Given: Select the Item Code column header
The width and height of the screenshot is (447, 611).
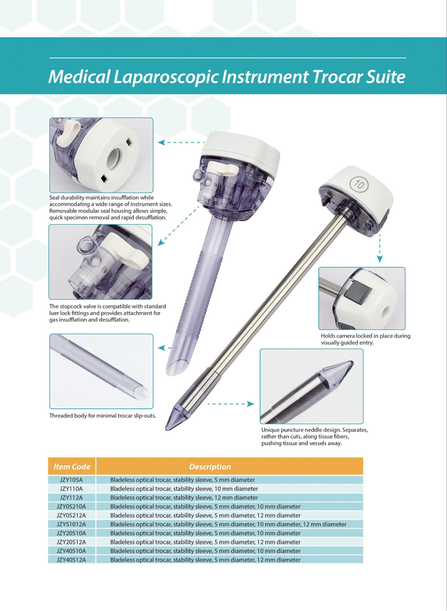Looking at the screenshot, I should point(72,467).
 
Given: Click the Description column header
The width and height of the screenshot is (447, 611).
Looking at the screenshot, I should point(210,467).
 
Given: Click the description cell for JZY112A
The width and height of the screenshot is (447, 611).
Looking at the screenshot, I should point(184,498).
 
